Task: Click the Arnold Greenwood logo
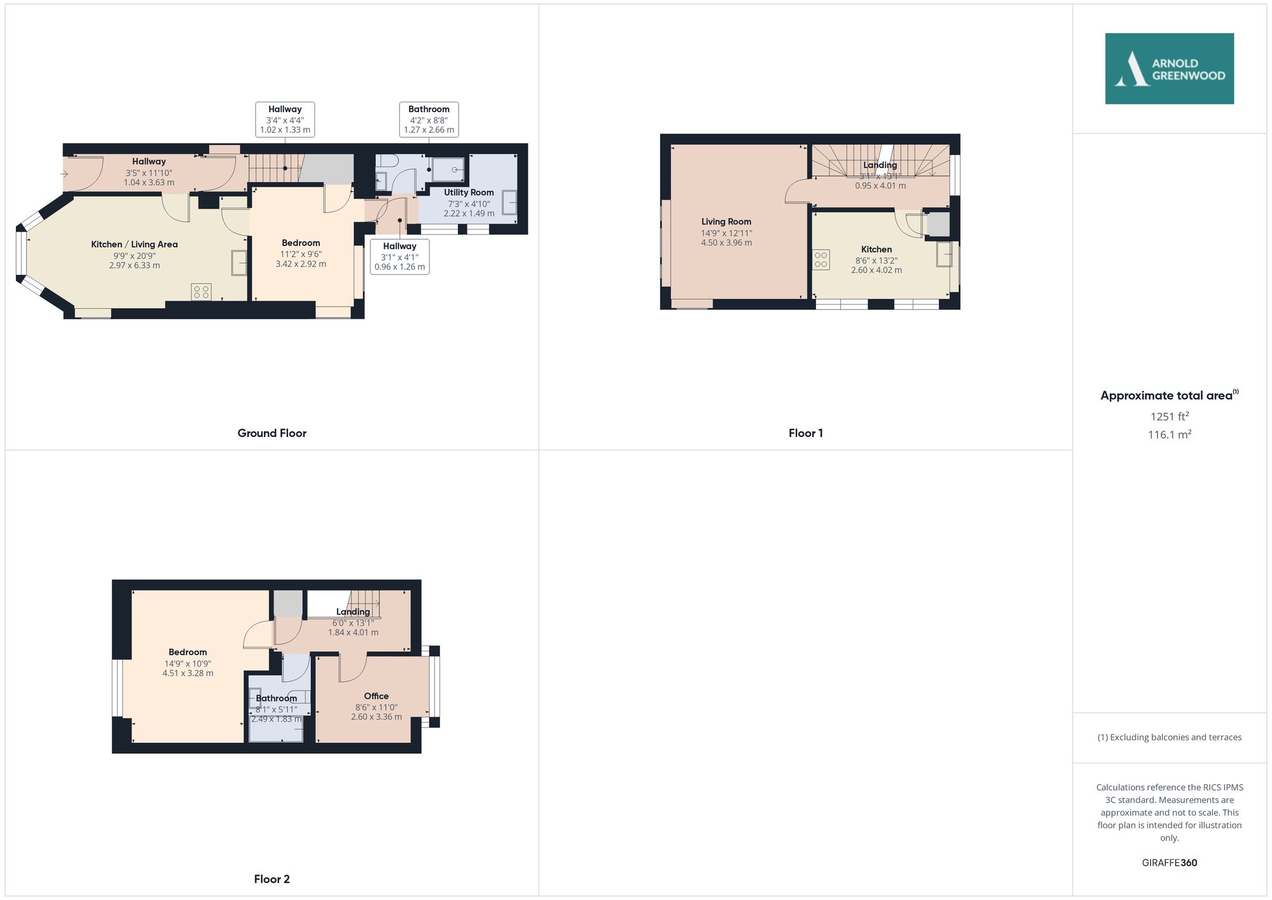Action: pos(1169,69)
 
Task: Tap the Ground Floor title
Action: pos(272,433)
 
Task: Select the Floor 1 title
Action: pos(805,433)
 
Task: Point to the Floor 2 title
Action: pos(272,879)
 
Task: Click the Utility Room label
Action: pos(469,192)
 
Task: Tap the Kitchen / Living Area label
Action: pos(134,244)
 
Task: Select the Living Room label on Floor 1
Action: pos(726,221)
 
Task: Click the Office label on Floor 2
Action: pos(376,696)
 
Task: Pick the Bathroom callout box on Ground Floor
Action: pos(429,120)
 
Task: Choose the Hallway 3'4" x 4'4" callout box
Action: pos(285,120)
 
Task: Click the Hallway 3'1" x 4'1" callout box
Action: pos(399,256)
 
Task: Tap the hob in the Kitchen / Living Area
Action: pos(201,292)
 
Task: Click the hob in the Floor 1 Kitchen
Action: pos(821,260)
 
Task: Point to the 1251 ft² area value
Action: pos(1169,417)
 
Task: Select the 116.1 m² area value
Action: pos(1169,434)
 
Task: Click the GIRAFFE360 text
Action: pos(1169,862)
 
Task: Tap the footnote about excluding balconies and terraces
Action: pos(1169,737)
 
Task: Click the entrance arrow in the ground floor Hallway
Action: pos(64,174)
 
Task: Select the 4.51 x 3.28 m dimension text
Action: pos(188,673)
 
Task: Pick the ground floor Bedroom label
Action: pos(301,243)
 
